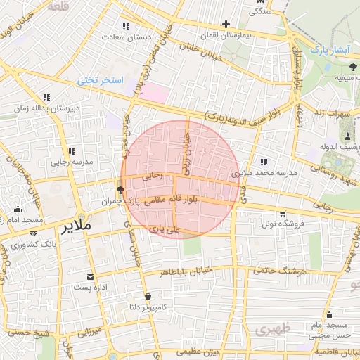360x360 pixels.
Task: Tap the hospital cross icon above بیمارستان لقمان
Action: [x=226, y=24]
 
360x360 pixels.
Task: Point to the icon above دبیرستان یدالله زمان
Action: [x=46, y=97]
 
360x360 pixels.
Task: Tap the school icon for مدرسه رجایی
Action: [x=71, y=151]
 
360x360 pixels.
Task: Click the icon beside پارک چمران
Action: [x=120, y=190]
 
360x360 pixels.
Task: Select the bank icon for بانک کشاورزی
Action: [x=32, y=233]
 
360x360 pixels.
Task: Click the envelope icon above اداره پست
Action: [x=89, y=277]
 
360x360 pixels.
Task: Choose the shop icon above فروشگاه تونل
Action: [x=282, y=214]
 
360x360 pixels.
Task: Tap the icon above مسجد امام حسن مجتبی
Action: [x=329, y=314]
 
